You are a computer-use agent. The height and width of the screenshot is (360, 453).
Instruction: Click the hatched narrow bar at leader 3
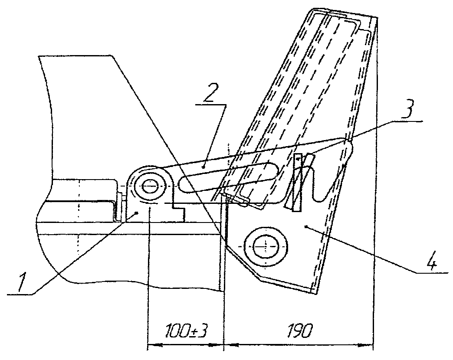coord(297,182)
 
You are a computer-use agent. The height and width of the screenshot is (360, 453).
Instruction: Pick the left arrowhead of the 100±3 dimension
coord(152,346)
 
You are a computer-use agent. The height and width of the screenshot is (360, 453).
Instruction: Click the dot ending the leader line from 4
coord(306,226)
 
